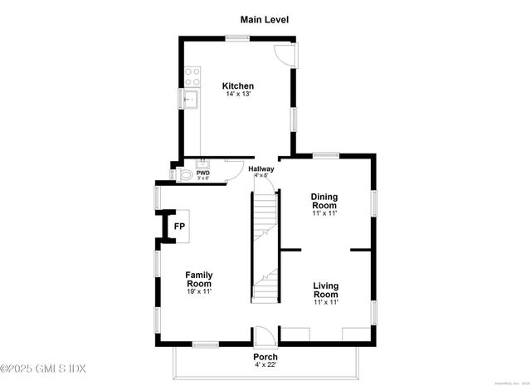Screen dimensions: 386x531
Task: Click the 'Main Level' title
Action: [265, 19]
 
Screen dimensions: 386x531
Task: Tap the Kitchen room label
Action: [238, 86]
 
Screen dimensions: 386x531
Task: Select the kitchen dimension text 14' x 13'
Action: [238, 95]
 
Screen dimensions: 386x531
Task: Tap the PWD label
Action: [203, 173]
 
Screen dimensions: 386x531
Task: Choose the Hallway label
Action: [261, 169]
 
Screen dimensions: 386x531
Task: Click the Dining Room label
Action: [324, 201]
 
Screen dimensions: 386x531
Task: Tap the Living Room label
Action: [325, 291]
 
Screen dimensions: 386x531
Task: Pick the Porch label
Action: [265, 357]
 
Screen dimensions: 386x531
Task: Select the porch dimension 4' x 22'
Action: [265, 365]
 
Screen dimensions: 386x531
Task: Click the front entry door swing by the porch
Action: [263, 337]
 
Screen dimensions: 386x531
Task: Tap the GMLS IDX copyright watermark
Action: [43, 368]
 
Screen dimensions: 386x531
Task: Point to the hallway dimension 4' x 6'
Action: [261, 175]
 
